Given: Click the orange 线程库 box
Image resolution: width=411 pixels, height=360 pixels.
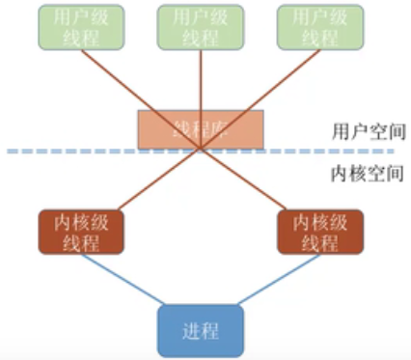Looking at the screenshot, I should click(x=200, y=129).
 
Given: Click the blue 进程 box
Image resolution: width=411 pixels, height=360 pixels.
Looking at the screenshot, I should click(x=200, y=330).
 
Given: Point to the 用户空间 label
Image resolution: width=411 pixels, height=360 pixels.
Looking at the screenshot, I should click(x=361, y=129).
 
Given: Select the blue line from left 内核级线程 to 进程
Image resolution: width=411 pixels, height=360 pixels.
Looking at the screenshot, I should click(x=121, y=281).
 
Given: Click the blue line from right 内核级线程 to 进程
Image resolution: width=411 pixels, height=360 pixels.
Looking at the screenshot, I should click(x=280, y=281).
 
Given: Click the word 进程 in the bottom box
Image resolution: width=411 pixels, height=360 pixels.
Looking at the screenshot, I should click(x=200, y=330).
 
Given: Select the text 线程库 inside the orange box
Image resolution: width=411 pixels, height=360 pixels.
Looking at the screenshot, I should click(x=200, y=129).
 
